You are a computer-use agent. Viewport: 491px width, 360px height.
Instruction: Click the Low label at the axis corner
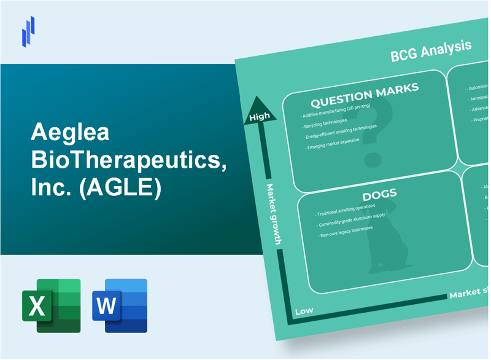pyautogui.click(x=303, y=311)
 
